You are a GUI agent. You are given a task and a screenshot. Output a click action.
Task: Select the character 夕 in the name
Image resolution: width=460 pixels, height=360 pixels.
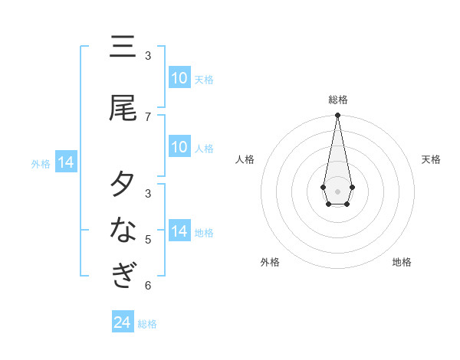point(123,185)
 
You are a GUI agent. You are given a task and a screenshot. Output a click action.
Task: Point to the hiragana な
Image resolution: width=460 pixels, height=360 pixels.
point(123,229)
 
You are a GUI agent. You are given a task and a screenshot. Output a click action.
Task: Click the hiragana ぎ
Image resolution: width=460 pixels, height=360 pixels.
point(123,275)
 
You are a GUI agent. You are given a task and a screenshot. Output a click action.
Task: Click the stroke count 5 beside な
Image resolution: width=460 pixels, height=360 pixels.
point(148,239)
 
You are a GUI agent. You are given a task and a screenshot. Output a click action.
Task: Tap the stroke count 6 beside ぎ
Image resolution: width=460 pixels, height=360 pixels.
point(148,286)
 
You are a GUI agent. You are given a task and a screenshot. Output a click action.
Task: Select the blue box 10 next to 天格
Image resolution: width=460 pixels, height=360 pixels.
point(179,78)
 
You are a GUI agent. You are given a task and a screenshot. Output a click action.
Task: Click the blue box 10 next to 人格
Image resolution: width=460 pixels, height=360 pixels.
point(179,147)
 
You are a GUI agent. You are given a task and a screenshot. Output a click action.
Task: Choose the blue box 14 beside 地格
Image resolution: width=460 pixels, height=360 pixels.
point(179,231)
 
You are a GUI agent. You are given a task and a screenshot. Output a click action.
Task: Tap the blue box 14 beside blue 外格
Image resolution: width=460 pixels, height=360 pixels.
point(66,162)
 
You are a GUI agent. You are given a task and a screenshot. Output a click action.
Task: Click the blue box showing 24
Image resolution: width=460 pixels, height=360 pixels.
point(123,322)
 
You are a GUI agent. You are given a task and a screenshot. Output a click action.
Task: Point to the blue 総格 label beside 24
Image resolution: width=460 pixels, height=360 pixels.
point(147,324)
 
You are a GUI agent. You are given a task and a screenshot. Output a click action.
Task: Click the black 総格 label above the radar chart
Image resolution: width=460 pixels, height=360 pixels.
point(338,100)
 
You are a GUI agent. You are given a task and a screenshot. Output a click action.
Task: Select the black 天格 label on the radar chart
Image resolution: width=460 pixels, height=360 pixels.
point(431,159)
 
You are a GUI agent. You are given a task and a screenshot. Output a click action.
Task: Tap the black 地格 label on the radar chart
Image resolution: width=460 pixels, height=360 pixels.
point(402,262)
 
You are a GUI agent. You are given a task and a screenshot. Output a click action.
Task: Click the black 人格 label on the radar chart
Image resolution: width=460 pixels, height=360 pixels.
point(245,159)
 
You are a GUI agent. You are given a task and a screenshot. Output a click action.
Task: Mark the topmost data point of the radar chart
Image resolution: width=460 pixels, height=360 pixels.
point(337,116)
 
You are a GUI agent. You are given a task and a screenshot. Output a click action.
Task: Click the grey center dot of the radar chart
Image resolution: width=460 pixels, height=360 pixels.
point(337,190)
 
